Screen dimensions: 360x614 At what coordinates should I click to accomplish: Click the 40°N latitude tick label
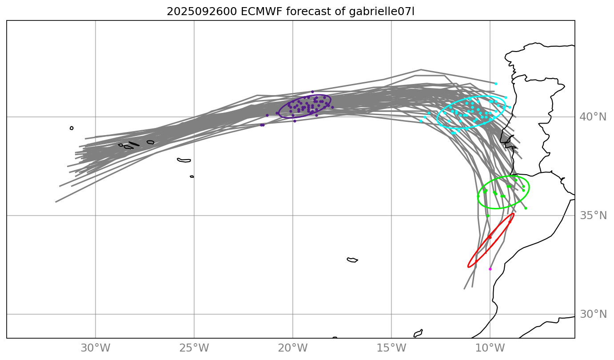[x=593, y=117]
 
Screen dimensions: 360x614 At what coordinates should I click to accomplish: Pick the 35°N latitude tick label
[x=593, y=216]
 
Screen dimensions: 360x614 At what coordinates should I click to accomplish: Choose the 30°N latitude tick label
[x=593, y=314]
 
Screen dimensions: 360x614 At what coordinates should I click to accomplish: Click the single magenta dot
[x=490, y=269]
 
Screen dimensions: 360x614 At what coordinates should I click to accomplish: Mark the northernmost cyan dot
[x=496, y=84]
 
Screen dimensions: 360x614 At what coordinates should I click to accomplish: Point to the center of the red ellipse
[x=491, y=240]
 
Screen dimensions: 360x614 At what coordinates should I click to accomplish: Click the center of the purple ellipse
[x=305, y=107]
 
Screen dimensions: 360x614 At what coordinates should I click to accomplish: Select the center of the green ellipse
[x=503, y=192]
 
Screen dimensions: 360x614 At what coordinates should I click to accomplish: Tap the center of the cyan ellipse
[x=471, y=112]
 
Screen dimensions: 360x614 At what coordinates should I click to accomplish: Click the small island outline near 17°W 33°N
[x=352, y=260]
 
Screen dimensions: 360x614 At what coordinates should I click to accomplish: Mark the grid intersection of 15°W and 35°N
[x=391, y=216]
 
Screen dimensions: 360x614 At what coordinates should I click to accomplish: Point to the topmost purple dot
[x=312, y=92]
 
